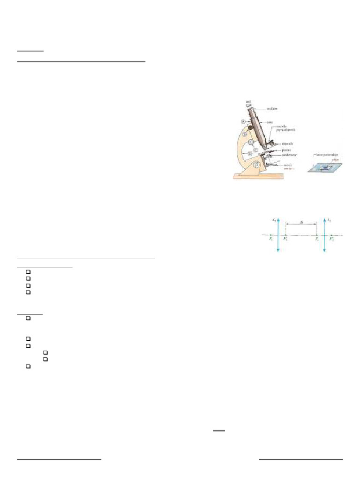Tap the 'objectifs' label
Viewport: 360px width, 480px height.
pyautogui.click(x=285, y=143)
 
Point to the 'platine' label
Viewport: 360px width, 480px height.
pyautogui.click(x=284, y=150)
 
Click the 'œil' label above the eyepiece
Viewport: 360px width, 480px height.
pyautogui.click(x=248, y=101)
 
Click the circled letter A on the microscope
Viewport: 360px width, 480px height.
pyautogui.click(x=243, y=121)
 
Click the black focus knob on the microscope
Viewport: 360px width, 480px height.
pyautogui.click(x=251, y=127)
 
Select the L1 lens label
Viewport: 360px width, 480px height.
pyautogui.click(x=273, y=220)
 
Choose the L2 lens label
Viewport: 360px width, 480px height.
pyautogui.click(x=329, y=220)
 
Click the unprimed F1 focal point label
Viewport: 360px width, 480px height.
pyautogui.click(x=271, y=239)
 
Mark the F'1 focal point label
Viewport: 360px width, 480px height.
pyautogui.click(x=285, y=239)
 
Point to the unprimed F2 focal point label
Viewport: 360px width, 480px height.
pyautogui.click(x=317, y=239)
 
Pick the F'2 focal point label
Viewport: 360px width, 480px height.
pyautogui.click(x=331, y=239)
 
